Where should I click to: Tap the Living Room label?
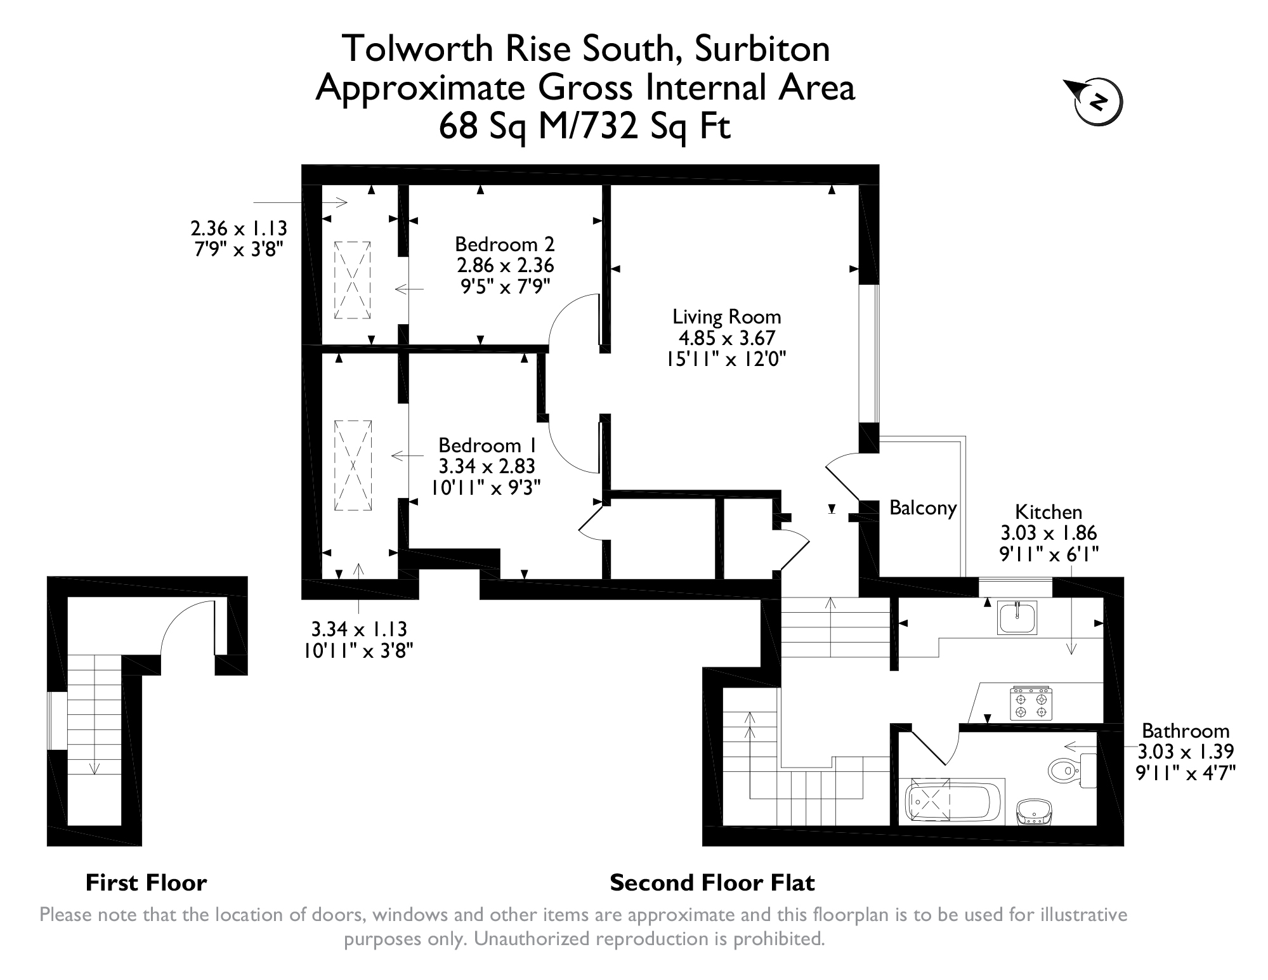(726, 317)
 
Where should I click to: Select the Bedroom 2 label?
(505, 244)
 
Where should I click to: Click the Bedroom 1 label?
(488, 445)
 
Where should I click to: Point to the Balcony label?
(923, 507)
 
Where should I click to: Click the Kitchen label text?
(1049, 512)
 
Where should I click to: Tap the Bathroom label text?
(1186, 730)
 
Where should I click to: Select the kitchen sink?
(1017, 618)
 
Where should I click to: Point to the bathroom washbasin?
(1034, 813)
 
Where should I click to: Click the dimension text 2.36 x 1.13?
(239, 228)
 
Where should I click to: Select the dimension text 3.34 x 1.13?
(359, 629)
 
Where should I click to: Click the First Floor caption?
(146, 882)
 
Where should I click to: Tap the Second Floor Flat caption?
(712, 882)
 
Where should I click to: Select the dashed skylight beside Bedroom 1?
(353, 465)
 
